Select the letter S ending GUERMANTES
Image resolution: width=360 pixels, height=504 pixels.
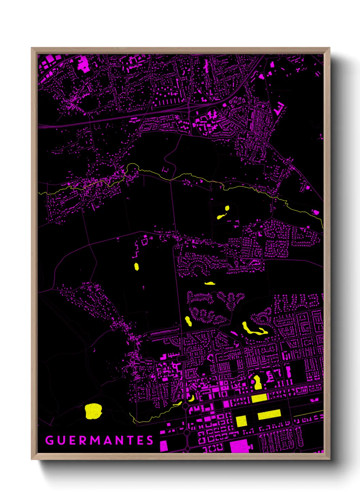pyautogui.click(x=150, y=440)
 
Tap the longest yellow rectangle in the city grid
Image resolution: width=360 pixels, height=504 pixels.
pyautogui.click(x=269, y=414)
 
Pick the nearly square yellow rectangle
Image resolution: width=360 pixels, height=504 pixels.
pyautogui.click(x=241, y=421)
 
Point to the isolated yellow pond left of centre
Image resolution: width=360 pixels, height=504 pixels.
pyautogui.click(x=136, y=266)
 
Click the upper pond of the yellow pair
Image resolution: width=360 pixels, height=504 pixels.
pyautogui.click(x=227, y=208)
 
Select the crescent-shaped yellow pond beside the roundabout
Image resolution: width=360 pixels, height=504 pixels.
pyautogui.click(x=192, y=398)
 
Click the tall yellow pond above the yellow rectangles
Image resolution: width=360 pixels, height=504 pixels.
pyautogui.click(x=257, y=382)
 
